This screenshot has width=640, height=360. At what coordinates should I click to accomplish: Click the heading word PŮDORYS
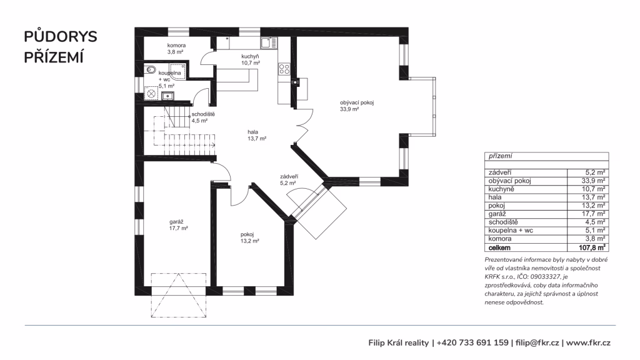pos(61,36)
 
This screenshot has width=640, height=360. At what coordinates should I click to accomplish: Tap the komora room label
pos(176,45)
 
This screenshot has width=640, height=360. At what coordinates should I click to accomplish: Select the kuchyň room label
pos(250,56)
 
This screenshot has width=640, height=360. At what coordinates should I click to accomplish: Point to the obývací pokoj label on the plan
pos(357,102)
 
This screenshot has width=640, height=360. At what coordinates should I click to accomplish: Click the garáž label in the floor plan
pos(176,222)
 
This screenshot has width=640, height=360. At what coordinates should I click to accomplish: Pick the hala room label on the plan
pos(252,132)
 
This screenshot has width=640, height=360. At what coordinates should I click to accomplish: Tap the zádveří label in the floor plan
pos(289,176)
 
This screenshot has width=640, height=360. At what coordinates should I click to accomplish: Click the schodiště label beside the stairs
pos(203,114)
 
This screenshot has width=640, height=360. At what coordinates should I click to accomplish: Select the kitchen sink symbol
pos(269,43)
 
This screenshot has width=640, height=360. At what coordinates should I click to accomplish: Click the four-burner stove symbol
pos(284,69)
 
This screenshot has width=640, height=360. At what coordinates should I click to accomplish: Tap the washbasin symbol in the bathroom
pos(167,96)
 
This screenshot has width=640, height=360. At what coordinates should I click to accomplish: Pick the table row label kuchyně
pos(501,189)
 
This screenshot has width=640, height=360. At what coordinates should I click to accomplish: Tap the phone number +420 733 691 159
pos(472,343)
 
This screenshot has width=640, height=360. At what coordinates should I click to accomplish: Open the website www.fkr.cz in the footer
pos(588,343)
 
